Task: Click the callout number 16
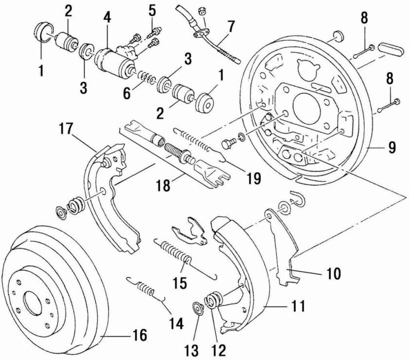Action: [140, 335]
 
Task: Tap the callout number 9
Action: [391, 148]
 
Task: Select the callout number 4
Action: [107, 18]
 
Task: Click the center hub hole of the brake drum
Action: [33, 303]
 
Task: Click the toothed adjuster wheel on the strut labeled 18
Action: [186, 154]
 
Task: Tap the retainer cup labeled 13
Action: [199, 308]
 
